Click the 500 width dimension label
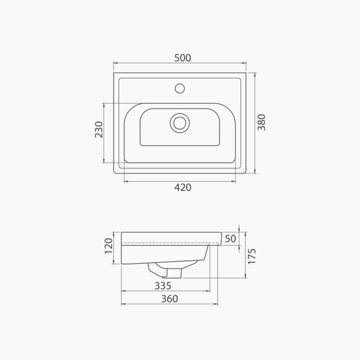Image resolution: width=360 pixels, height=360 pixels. click(x=183, y=58)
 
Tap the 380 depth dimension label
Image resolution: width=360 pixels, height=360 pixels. click(x=261, y=122)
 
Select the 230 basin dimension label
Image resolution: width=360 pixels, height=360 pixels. click(x=99, y=130)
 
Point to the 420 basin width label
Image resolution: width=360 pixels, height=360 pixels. click(x=183, y=188)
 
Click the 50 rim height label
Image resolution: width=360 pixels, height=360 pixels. click(x=230, y=239)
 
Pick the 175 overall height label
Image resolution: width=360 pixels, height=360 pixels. click(x=252, y=256)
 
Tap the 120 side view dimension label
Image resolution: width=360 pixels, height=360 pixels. click(x=109, y=246)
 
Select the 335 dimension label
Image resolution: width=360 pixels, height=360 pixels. click(x=163, y=286)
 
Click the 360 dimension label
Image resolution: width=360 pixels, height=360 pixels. click(x=169, y=299)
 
